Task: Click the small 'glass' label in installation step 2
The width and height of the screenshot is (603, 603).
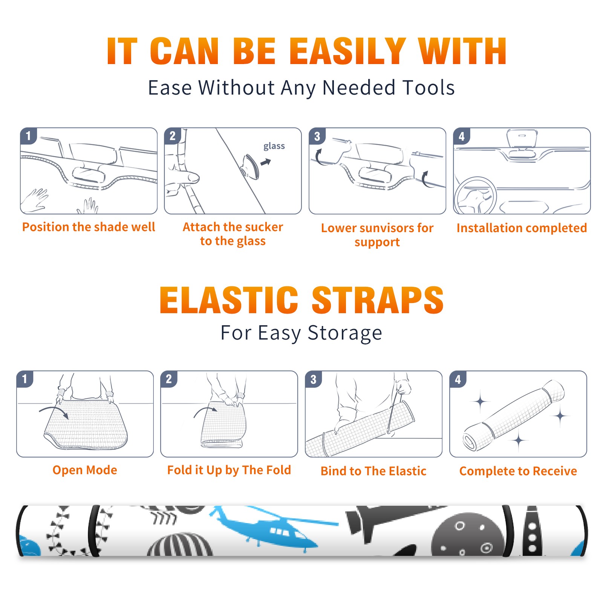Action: tap(274, 146)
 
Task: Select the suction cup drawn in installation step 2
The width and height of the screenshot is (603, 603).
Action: tap(250, 167)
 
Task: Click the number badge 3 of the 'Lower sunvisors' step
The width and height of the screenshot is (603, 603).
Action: tap(317, 136)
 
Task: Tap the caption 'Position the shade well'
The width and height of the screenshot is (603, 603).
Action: tap(89, 227)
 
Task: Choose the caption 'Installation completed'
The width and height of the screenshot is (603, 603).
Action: tap(522, 228)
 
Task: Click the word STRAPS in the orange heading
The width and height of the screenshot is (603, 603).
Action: tap(378, 300)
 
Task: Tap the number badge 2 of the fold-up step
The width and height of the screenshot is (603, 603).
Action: tap(168, 379)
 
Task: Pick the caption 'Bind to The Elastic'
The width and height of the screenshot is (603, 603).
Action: tap(373, 471)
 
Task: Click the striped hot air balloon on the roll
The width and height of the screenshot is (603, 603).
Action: tap(180, 545)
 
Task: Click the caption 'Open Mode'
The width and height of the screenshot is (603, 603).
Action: tap(85, 470)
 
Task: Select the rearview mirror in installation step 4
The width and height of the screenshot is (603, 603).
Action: tap(522, 139)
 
